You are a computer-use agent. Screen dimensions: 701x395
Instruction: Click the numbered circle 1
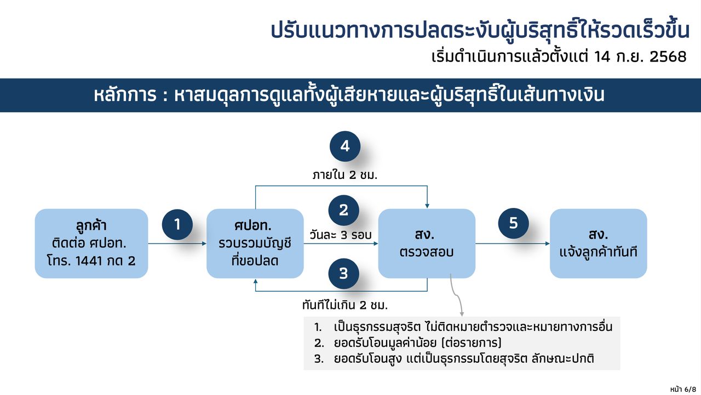click(177, 224)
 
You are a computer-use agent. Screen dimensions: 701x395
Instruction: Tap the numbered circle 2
click(343, 210)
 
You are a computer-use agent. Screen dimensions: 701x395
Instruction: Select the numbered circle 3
click(343, 273)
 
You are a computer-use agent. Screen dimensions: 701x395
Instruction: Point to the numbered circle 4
click(345, 146)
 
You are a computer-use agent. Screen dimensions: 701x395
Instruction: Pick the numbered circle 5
click(513, 223)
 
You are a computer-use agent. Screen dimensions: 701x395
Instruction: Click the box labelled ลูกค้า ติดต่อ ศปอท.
click(91, 243)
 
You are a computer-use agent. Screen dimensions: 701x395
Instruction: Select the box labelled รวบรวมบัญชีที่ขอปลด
click(255, 243)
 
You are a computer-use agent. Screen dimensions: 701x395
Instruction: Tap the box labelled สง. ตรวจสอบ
click(427, 243)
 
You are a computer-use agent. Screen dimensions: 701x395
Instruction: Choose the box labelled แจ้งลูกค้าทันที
click(599, 243)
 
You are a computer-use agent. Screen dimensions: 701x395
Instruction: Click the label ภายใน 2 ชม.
click(345, 175)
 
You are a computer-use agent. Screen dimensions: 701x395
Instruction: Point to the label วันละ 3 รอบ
click(341, 235)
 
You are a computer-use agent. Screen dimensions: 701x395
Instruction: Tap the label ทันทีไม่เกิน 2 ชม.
click(345, 304)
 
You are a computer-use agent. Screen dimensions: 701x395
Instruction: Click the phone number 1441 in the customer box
click(89, 261)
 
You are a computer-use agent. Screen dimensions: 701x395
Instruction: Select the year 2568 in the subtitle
click(668, 57)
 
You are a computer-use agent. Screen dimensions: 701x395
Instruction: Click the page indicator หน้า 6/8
click(683, 389)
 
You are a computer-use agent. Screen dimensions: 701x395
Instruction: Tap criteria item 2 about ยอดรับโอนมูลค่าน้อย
click(408, 343)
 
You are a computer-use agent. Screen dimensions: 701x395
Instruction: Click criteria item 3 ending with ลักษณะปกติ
click(454, 358)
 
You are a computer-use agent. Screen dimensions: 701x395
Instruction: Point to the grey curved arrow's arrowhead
click(462, 314)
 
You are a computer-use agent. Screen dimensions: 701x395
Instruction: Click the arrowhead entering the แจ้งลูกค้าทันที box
click(548, 244)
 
